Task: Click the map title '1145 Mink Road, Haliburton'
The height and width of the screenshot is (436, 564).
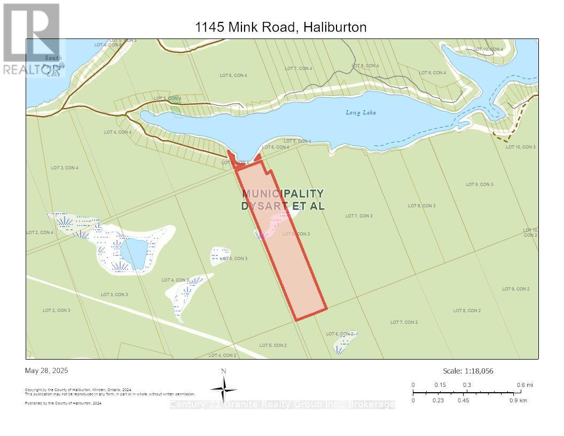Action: [x=280, y=27]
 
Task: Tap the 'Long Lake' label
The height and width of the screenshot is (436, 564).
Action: [x=361, y=112]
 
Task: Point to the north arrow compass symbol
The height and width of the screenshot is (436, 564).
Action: [x=224, y=387]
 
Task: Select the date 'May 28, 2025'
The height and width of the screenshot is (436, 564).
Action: [x=46, y=370]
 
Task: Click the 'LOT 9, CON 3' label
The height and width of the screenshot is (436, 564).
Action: [x=479, y=184]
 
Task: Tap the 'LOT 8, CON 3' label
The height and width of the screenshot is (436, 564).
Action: [x=421, y=206]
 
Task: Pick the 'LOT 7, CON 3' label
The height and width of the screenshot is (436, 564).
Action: [x=359, y=216]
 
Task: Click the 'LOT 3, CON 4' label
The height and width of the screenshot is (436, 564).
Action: [x=65, y=168]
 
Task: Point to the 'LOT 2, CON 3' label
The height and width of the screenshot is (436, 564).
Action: [x=56, y=310]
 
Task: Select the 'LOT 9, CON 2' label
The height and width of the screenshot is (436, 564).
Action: [x=515, y=289]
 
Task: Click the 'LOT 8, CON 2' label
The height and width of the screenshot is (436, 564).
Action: [x=467, y=310]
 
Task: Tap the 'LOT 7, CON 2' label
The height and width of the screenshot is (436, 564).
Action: [x=404, y=322]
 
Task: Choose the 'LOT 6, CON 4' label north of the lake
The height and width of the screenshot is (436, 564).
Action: [x=233, y=75]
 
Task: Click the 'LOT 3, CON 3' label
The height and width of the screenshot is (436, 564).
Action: [x=114, y=294]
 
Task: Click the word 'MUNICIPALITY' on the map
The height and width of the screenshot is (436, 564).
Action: [x=283, y=193]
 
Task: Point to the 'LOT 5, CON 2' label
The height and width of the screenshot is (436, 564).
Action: [x=273, y=345]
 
